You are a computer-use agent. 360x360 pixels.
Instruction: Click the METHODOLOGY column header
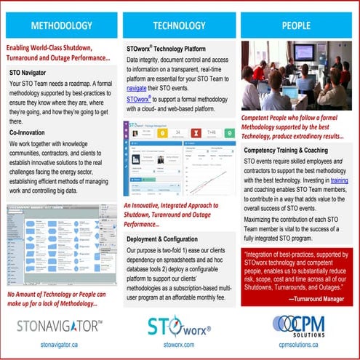tap(61, 25)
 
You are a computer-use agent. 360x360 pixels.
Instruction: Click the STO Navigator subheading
tap(31, 73)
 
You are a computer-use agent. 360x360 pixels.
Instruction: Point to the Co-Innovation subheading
tap(31, 134)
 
